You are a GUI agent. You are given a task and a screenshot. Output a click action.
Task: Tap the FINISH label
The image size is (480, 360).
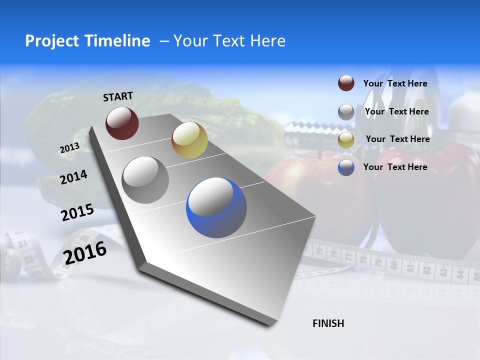(x=328, y=323)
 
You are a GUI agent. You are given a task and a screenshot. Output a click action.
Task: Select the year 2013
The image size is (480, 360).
(x=69, y=148)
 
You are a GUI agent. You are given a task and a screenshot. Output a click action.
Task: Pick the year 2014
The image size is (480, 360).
(x=74, y=177)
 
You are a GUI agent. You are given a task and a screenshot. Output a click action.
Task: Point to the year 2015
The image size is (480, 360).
(x=77, y=212)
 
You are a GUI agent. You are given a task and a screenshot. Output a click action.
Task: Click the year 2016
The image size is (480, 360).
(x=85, y=252)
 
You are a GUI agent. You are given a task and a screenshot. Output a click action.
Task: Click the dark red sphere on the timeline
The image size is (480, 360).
(x=122, y=123)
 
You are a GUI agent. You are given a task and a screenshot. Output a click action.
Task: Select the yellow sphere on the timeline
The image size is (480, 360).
(x=189, y=139)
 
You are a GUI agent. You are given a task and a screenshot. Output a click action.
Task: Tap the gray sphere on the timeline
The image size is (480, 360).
(x=145, y=179)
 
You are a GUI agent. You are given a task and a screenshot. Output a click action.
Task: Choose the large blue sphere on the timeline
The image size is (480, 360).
(x=216, y=207)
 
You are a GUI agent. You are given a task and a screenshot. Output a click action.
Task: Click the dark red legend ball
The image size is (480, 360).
(x=346, y=83)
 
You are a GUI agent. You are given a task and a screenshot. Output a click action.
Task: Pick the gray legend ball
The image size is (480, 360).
(x=346, y=112)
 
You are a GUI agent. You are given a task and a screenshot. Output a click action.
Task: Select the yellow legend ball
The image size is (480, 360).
(x=346, y=139)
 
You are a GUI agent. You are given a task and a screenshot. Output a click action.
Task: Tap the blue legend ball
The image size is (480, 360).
(x=346, y=167)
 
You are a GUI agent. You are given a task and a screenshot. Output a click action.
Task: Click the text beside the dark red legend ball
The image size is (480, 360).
(x=395, y=83)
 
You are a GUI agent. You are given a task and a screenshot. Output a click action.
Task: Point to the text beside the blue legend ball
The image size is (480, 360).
(x=395, y=167)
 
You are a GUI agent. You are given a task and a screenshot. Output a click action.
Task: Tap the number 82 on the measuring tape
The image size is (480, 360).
(x=426, y=270)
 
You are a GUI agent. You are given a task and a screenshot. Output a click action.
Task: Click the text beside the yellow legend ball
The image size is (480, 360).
(x=397, y=139)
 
